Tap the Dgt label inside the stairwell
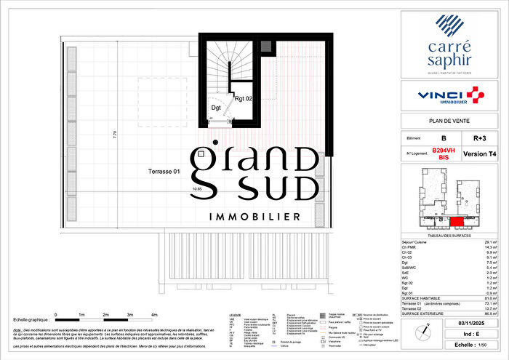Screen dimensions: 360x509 click(x=216, y=108)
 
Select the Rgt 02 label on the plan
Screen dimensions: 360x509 click(x=244, y=97)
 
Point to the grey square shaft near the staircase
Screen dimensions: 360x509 click(x=266, y=47)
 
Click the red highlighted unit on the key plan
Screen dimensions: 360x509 click(x=456, y=222)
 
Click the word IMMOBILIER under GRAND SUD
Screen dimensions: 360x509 click(x=254, y=217)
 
